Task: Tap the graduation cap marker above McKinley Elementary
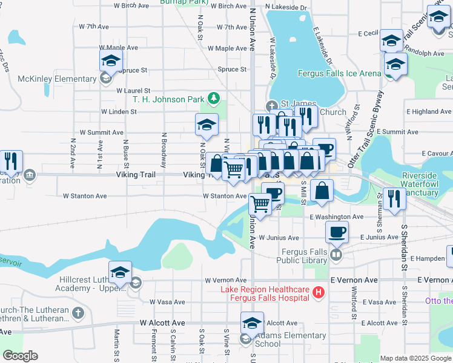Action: pos(111,61)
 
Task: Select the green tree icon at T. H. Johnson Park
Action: pos(213,97)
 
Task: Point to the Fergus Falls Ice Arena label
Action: pos(340,74)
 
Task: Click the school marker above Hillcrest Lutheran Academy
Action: pos(120,272)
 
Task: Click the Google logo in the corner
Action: pos(20,356)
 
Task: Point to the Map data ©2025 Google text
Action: pos(415,358)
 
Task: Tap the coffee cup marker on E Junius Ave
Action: pos(337,232)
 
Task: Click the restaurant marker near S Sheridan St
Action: pos(395,199)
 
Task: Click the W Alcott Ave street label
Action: pos(162,323)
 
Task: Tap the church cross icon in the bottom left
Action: pos(77,313)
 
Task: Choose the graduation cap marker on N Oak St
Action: pos(207,125)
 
